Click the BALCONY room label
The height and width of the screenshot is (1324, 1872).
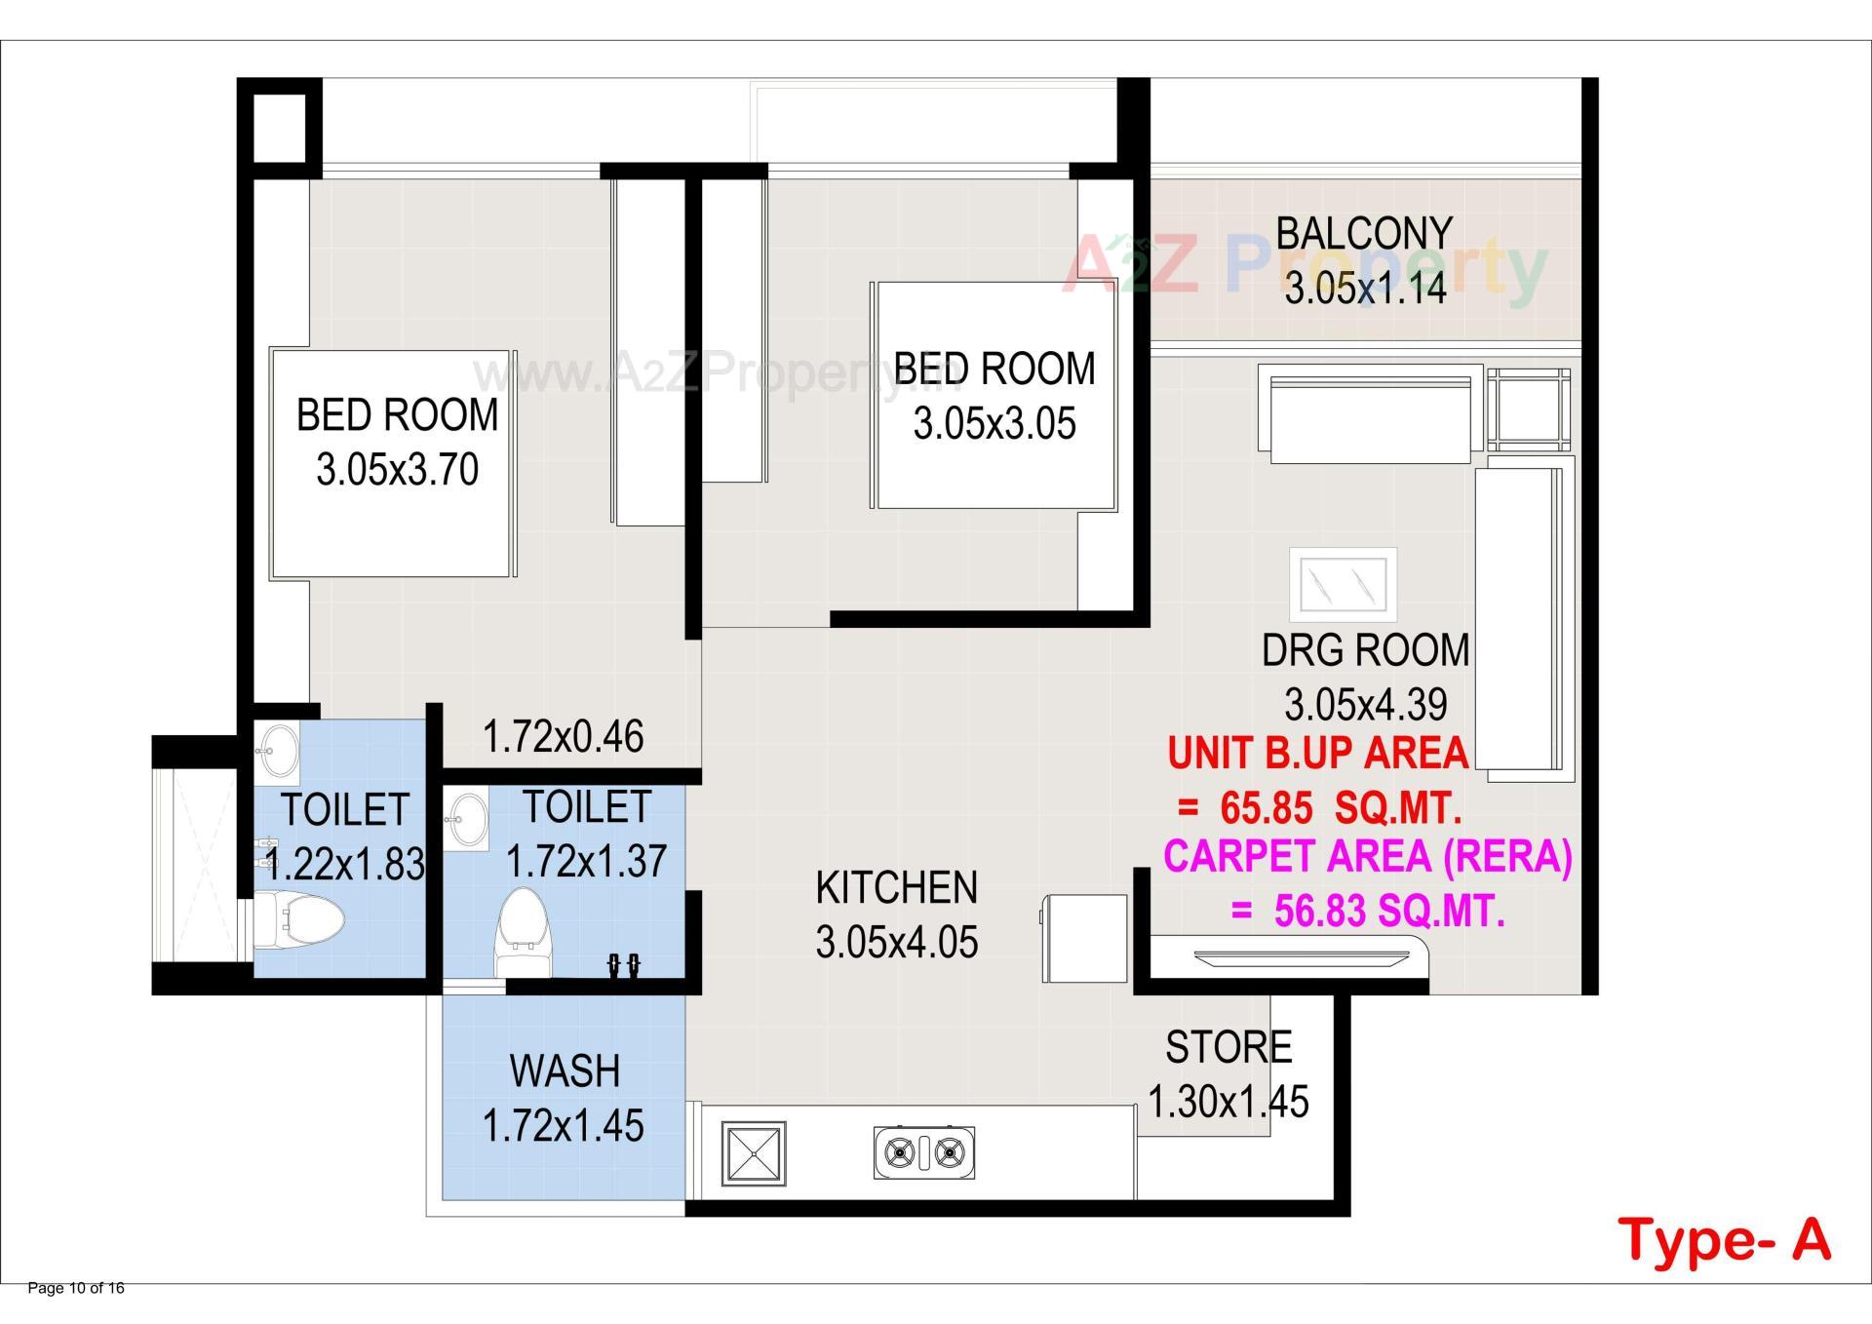pyautogui.click(x=1363, y=234)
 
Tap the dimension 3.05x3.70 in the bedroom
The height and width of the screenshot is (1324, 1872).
pyautogui.click(x=397, y=470)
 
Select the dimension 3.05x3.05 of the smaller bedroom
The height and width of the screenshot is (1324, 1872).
pyautogui.click(x=994, y=424)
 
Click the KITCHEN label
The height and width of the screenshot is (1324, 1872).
pyautogui.click(x=895, y=888)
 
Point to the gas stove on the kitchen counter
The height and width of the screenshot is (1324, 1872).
pyautogui.click(x=923, y=1153)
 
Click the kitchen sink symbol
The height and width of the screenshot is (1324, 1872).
pyautogui.click(x=753, y=1153)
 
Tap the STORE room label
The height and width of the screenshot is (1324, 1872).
pyautogui.click(x=1228, y=1048)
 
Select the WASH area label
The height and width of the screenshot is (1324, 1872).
pyautogui.click(x=564, y=1071)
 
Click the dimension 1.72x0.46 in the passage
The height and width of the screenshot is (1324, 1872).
pyautogui.click(x=563, y=737)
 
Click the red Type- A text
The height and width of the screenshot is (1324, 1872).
pyautogui.click(x=1724, y=1239)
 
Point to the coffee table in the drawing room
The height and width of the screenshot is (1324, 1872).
pyautogui.click(x=1342, y=584)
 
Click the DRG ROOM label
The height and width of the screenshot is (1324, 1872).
pyautogui.click(x=1364, y=650)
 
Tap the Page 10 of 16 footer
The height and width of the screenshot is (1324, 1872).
pyautogui.click(x=76, y=1288)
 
